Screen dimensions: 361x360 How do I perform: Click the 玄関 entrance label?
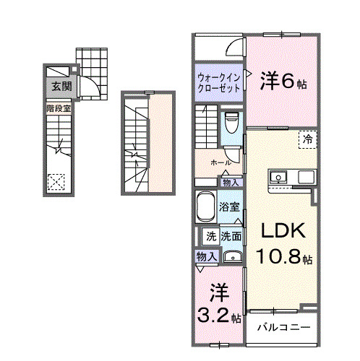pos(60,87)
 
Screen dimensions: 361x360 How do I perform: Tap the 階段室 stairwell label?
pos(59,108)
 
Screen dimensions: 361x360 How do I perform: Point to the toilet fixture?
pos(231,123)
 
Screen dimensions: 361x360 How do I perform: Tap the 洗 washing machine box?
pos(209,235)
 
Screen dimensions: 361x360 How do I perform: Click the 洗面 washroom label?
pos(231,235)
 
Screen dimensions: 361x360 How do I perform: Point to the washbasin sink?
pos(231,255)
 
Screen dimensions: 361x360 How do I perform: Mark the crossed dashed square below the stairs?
pos(56,182)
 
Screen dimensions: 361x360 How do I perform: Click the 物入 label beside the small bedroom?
pos(205,256)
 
